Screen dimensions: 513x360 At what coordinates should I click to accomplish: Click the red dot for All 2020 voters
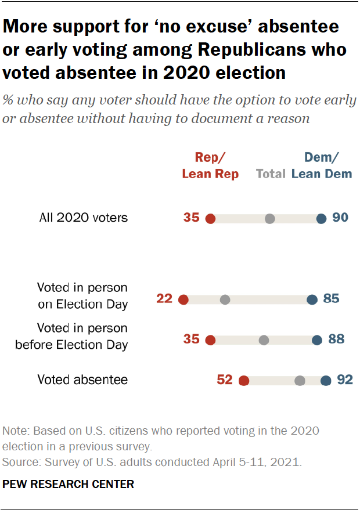[210, 219]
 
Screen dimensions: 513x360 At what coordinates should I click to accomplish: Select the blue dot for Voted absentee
[326, 381]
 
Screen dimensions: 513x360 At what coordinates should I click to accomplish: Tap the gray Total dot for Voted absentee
[300, 381]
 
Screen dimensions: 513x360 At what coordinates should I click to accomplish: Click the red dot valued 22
[183, 299]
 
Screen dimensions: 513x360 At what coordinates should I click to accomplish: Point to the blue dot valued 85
[312, 299]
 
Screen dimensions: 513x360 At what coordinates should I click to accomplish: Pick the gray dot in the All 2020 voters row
[269, 219]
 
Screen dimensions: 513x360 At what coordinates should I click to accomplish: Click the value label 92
[345, 380]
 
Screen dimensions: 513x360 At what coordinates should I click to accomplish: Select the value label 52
[225, 380]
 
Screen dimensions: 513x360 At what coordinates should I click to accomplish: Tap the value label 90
[340, 218]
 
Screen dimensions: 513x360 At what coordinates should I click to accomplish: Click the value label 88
[336, 339]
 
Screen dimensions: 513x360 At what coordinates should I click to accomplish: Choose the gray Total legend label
[271, 174]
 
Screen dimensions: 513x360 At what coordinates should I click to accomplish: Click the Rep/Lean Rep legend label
[210, 165]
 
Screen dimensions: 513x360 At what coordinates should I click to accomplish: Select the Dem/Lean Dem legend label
[322, 165]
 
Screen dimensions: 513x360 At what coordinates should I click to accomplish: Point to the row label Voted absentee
[82, 380]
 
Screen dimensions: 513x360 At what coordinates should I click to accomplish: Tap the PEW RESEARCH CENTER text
[69, 484]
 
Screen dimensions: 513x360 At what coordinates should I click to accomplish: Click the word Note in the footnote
[15, 431]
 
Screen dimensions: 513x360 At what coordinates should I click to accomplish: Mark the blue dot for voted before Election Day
[316, 340]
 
